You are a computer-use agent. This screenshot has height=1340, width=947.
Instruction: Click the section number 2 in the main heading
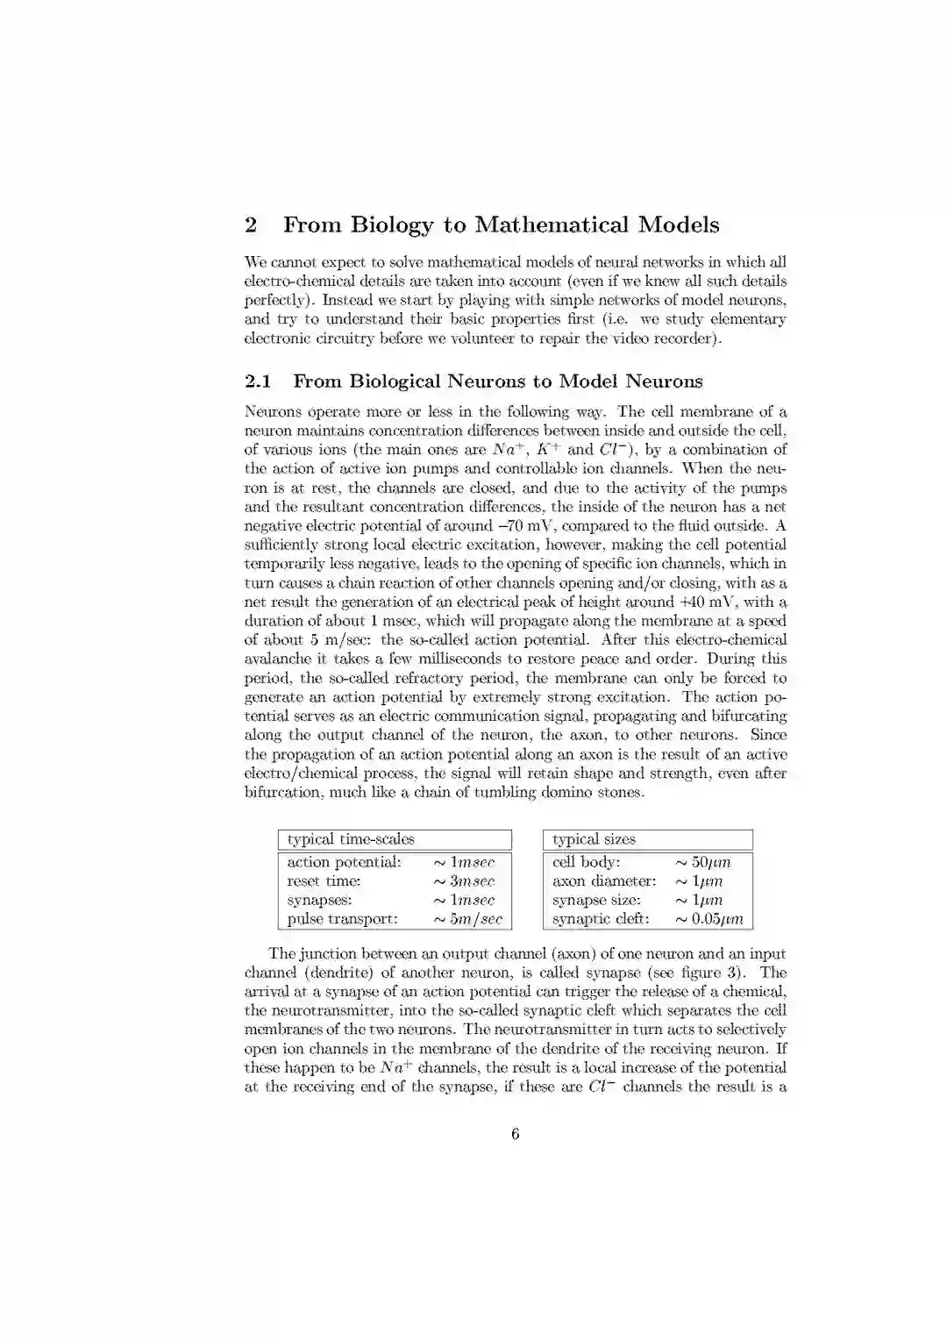(251, 225)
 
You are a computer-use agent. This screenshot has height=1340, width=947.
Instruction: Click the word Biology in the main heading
(392, 225)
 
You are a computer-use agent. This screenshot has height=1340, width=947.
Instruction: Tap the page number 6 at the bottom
(515, 1134)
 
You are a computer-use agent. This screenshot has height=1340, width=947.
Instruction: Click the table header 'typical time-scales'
(351, 839)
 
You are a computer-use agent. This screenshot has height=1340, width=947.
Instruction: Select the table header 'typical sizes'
(594, 839)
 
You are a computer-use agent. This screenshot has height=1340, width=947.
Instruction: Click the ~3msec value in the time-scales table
(464, 881)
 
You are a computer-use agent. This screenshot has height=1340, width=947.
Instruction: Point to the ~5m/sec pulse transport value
(468, 919)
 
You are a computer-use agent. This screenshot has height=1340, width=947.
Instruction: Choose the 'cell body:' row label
(586, 862)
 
